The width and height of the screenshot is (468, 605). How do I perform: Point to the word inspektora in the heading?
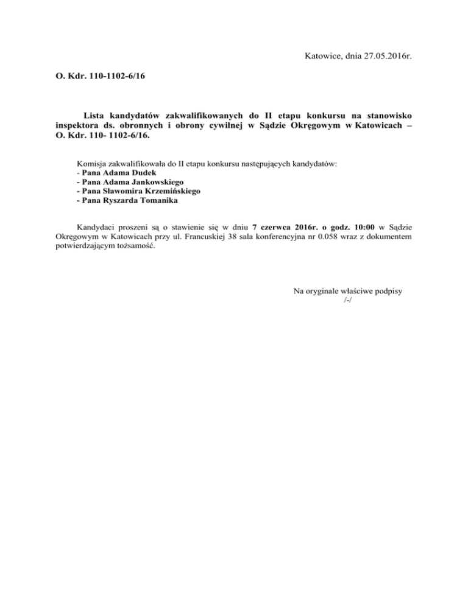pyautogui.click(x=71, y=127)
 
